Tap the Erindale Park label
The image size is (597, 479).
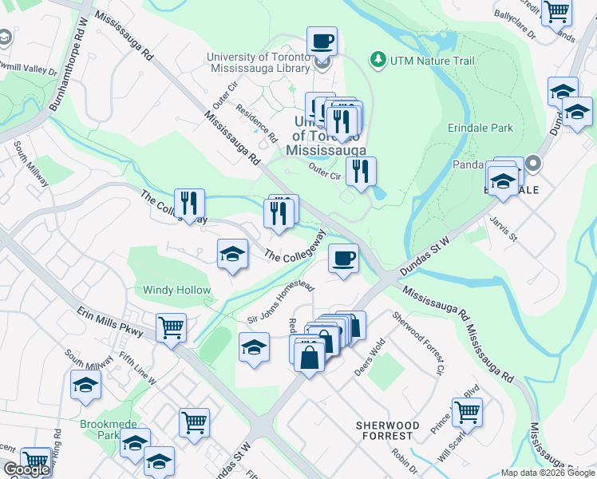coord(480,127)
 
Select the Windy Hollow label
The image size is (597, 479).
coord(177,291)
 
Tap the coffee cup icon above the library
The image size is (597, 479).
coord(322,40)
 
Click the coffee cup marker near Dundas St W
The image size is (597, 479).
coord(343,259)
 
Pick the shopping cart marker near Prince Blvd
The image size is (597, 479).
coord(467,413)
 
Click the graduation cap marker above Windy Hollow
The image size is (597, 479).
coord(232,254)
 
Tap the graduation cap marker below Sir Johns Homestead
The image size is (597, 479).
coord(254,347)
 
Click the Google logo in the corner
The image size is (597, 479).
coord(26,469)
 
